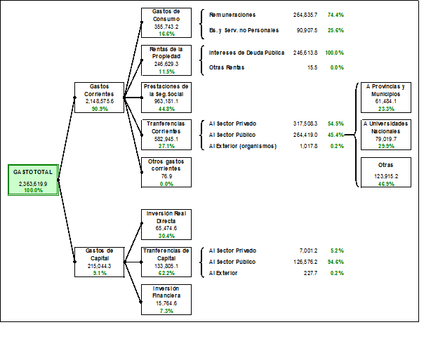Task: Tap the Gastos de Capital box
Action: pyautogui.click(x=98, y=261)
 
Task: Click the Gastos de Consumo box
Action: pyautogui.click(x=166, y=22)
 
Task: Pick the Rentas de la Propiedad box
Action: pyautogui.click(x=166, y=60)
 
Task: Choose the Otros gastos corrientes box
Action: pyautogui.click(x=166, y=171)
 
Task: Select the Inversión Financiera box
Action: pyautogui.click(x=166, y=299)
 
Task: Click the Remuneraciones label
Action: pyautogui.click(x=232, y=15)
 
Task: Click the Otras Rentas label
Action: pyautogui.click(x=227, y=67)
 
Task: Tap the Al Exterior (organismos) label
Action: pyautogui.click(x=243, y=146)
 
